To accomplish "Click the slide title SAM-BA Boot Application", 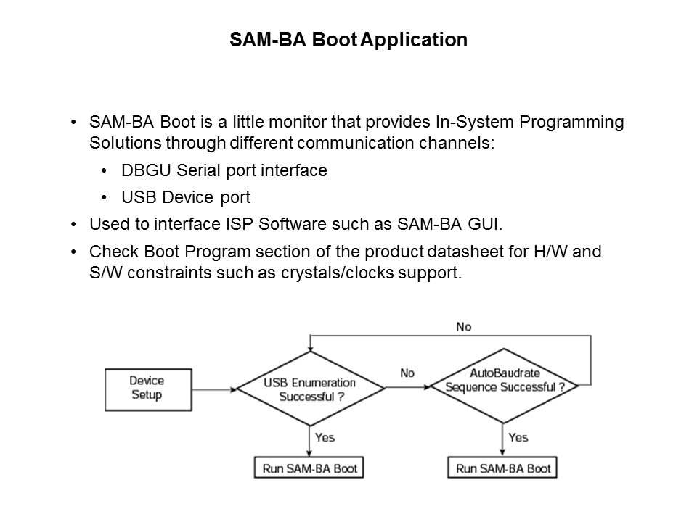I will point(348,40).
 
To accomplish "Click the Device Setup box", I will point(147,388).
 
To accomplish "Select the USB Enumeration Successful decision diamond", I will point(311,389).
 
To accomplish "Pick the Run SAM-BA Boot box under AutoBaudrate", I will point(503,468).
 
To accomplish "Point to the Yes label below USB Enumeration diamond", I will point(325,437).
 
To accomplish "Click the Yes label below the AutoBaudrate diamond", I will point(518,437).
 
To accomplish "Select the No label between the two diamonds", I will point(407,373).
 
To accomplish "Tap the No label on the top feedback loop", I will point(463,327).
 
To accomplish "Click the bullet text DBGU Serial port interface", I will point(224,170).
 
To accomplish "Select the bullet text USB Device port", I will point(186,198).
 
